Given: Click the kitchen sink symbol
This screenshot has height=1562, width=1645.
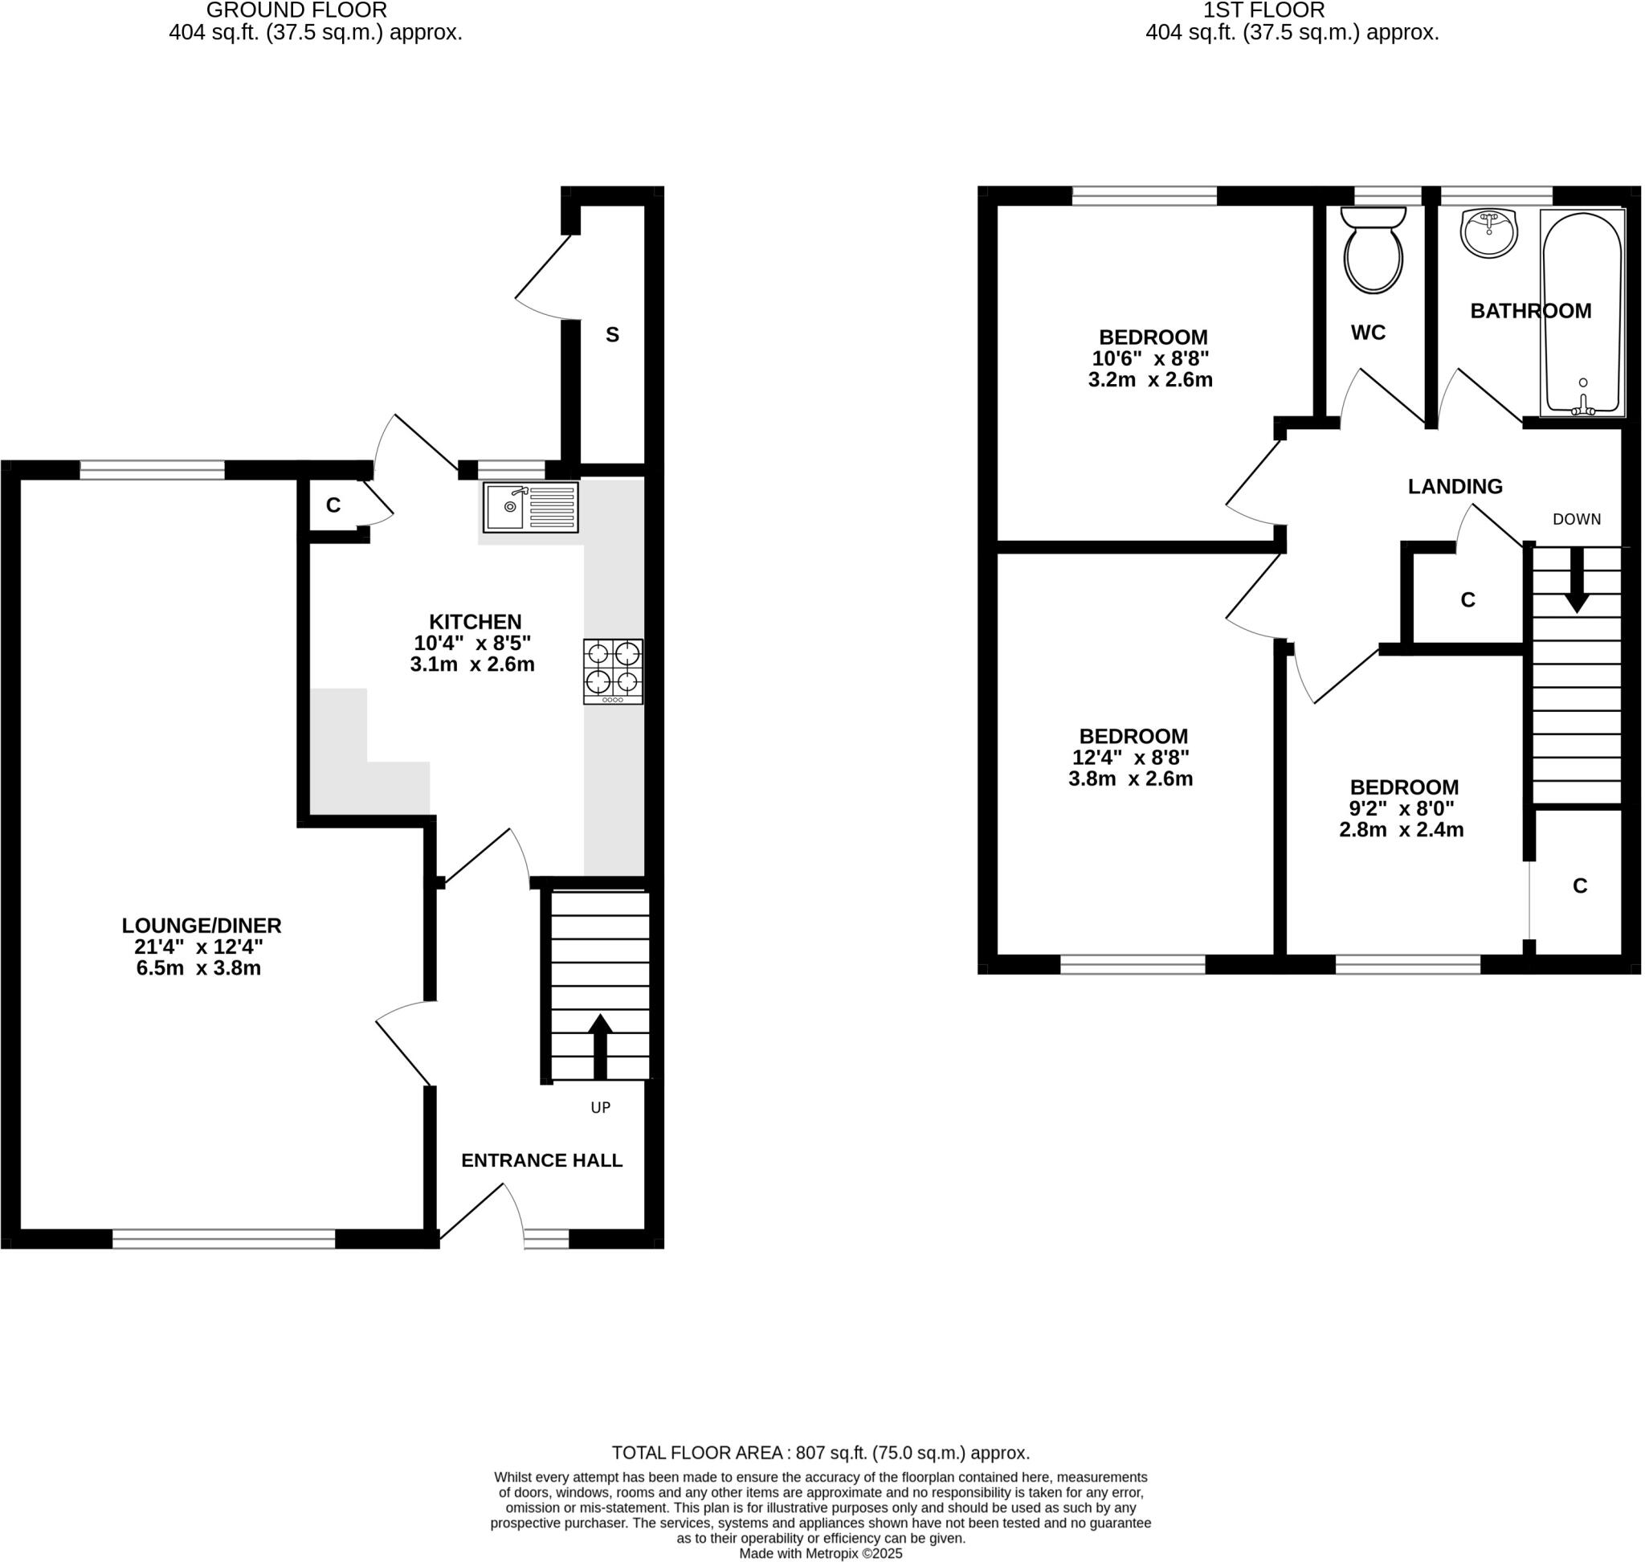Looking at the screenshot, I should (x=530, y=507).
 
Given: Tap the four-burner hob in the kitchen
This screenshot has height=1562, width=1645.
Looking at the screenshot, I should (x=613, y=671).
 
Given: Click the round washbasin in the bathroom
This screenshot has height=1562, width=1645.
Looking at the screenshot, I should (x=1488, y=232).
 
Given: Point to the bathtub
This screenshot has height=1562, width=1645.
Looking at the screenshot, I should (x=1582, y=313).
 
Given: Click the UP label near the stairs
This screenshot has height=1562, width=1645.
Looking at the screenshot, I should (x=600, y=1107).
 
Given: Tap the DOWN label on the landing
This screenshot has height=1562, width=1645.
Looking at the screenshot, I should (x=1576, y=519).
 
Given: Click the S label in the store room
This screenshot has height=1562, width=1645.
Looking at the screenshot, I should (x=612, y=335).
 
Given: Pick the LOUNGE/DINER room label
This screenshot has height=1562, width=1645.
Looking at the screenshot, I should (x=202, y=925).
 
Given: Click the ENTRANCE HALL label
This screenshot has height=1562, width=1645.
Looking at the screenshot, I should (x=541, y=1159).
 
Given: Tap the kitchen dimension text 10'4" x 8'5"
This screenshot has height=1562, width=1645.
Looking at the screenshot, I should (x=472, y=643).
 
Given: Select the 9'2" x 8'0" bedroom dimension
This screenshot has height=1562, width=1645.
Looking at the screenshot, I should (x=1401, y=808).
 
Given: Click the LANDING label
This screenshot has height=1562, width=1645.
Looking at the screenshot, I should (x=1455, y=486).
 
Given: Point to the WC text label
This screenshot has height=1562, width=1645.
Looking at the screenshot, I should (x=1368, y=332).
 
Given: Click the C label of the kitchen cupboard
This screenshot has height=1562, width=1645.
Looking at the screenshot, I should (x=333, y=505).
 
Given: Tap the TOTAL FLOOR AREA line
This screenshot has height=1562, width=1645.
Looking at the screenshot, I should (x=820, y=1453).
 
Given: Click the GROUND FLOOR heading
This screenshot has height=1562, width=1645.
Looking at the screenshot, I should (x=296, y=10).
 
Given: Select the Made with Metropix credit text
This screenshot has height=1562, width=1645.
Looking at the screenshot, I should (x=820, y=1554).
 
